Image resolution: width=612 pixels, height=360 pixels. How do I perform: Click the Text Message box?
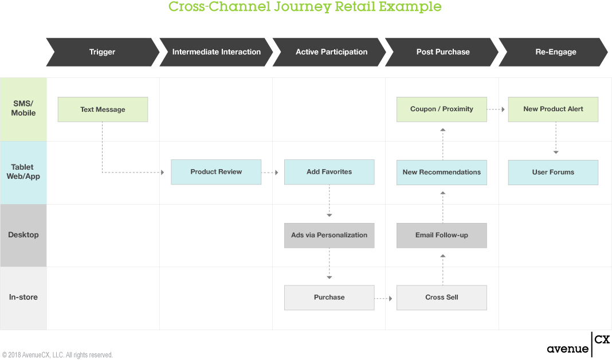(103, 109)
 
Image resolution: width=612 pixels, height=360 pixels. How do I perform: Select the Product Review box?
(216, 172)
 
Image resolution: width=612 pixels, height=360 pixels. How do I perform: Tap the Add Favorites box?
(329, 172)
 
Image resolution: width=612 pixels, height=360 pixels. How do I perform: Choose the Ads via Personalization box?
(329, 235)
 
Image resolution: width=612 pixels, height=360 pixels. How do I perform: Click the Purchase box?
(329, 298)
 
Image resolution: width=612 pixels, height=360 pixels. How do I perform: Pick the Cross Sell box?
(441, 298)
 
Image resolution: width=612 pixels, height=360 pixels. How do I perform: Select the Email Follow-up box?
(441, 235)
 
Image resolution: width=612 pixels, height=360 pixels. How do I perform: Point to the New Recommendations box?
(441, 172)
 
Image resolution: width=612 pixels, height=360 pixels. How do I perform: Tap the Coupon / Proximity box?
(441, 109)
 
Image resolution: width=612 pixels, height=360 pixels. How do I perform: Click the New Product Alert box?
(553, 109)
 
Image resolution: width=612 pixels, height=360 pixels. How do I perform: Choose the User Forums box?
(553, 172)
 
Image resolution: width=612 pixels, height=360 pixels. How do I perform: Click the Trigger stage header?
(102, 52)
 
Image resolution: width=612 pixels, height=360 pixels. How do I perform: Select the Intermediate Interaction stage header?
(216, 52)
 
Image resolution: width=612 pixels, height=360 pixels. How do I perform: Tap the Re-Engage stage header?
(556, 52)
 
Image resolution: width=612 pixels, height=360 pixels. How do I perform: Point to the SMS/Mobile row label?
(23, 108)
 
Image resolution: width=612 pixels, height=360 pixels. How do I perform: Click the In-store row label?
(23, 298)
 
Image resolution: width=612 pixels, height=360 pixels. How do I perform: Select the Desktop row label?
(23, 235)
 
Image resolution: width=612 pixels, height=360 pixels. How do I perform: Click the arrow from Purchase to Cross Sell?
(383, 298)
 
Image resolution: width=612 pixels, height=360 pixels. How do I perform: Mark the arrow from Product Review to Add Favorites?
(270, 172)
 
